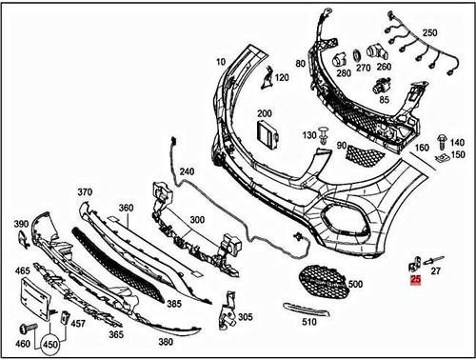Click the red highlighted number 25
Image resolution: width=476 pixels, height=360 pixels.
coord(415,280)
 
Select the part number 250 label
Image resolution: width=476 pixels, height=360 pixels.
coord(429,33)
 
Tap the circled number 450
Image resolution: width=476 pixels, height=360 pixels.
coord(48,344)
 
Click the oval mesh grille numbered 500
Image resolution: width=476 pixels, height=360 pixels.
coord(321,281)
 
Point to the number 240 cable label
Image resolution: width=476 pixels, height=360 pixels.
coord(186,172)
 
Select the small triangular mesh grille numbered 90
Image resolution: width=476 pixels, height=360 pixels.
coord(359,152)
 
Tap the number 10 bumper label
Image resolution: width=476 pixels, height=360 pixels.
coord(221,61)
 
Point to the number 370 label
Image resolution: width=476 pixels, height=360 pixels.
coord(85,191)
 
